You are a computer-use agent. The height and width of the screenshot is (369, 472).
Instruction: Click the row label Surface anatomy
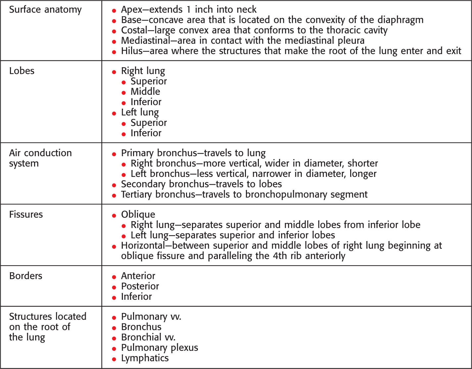[x=45, y=10]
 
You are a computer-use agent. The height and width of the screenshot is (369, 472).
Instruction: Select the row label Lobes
[x=22, y=71]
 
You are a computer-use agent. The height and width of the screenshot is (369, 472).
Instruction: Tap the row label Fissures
[x=26, y=214]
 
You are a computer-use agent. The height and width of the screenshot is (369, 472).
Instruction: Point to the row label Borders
[x=25, y=276]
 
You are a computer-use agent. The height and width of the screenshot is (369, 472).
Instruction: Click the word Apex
[x=131, y=10]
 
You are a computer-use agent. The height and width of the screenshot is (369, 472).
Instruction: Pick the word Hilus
[x=131, y=51]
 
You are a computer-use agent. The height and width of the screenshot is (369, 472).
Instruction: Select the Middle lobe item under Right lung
[x=145, y=91]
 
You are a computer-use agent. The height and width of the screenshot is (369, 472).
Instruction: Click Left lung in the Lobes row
[x=140, y=112]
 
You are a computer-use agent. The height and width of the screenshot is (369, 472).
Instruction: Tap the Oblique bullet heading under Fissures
[x=138, y=214]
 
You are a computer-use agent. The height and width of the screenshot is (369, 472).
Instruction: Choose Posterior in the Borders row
[x=140, y=286]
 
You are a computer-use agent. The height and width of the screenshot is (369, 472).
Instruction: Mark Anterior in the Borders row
[x=138, y=276]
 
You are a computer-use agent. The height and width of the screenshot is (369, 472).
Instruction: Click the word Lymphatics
[x=145, y=358]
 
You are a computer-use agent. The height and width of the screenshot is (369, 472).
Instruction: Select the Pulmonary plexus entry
[x=160, y=348]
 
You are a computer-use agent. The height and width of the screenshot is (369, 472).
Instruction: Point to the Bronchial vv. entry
[x=148, y=337]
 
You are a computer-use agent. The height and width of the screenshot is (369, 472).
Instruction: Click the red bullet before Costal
[x=114, y=31]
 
